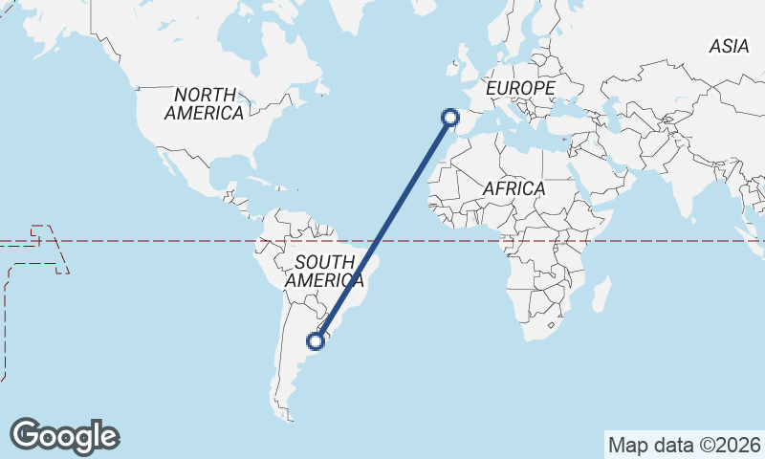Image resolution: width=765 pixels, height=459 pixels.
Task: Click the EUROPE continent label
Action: [520, 88]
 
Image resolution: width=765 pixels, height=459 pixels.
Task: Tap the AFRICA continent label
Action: [514, 188]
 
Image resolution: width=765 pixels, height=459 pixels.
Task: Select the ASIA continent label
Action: [729, 46]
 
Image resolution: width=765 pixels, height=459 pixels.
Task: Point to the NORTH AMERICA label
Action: [204, 103]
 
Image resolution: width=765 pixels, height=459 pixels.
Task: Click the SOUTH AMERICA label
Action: [324, 271]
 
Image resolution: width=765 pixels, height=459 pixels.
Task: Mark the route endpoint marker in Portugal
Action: [450, 118]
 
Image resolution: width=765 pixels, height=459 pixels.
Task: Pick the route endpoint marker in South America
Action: [317, 339]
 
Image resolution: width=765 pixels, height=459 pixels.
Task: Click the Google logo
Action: [64, 436]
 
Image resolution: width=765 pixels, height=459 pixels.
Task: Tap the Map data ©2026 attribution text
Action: [685, 445]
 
